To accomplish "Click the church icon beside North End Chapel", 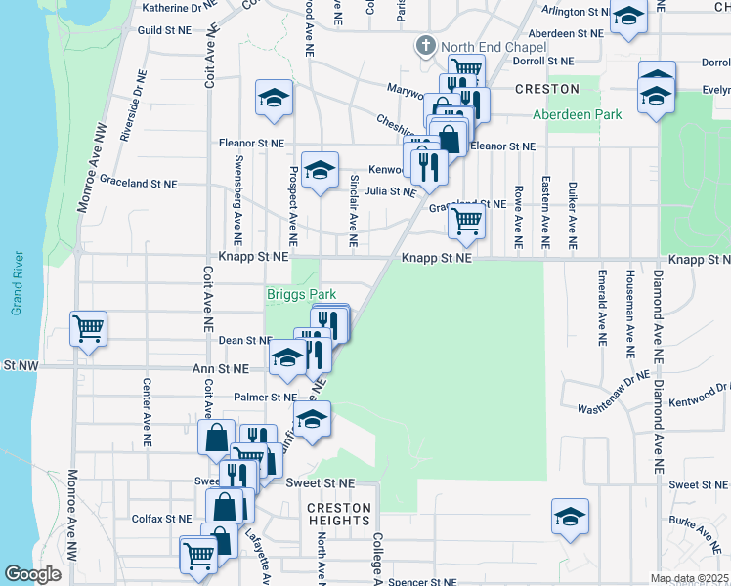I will point(425,46).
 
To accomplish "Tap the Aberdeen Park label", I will point(577,114).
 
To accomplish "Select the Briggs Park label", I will point(302,294).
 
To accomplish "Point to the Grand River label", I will point(17,283).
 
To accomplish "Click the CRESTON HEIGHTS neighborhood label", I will point(339,515).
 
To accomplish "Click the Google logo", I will point(32,574).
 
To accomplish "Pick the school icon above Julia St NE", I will point(319,171).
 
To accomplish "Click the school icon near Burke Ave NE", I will point(570,517).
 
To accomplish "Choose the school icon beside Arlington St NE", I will point(628,18).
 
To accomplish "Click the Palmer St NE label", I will point(264,398).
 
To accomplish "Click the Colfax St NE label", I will point(164,519).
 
